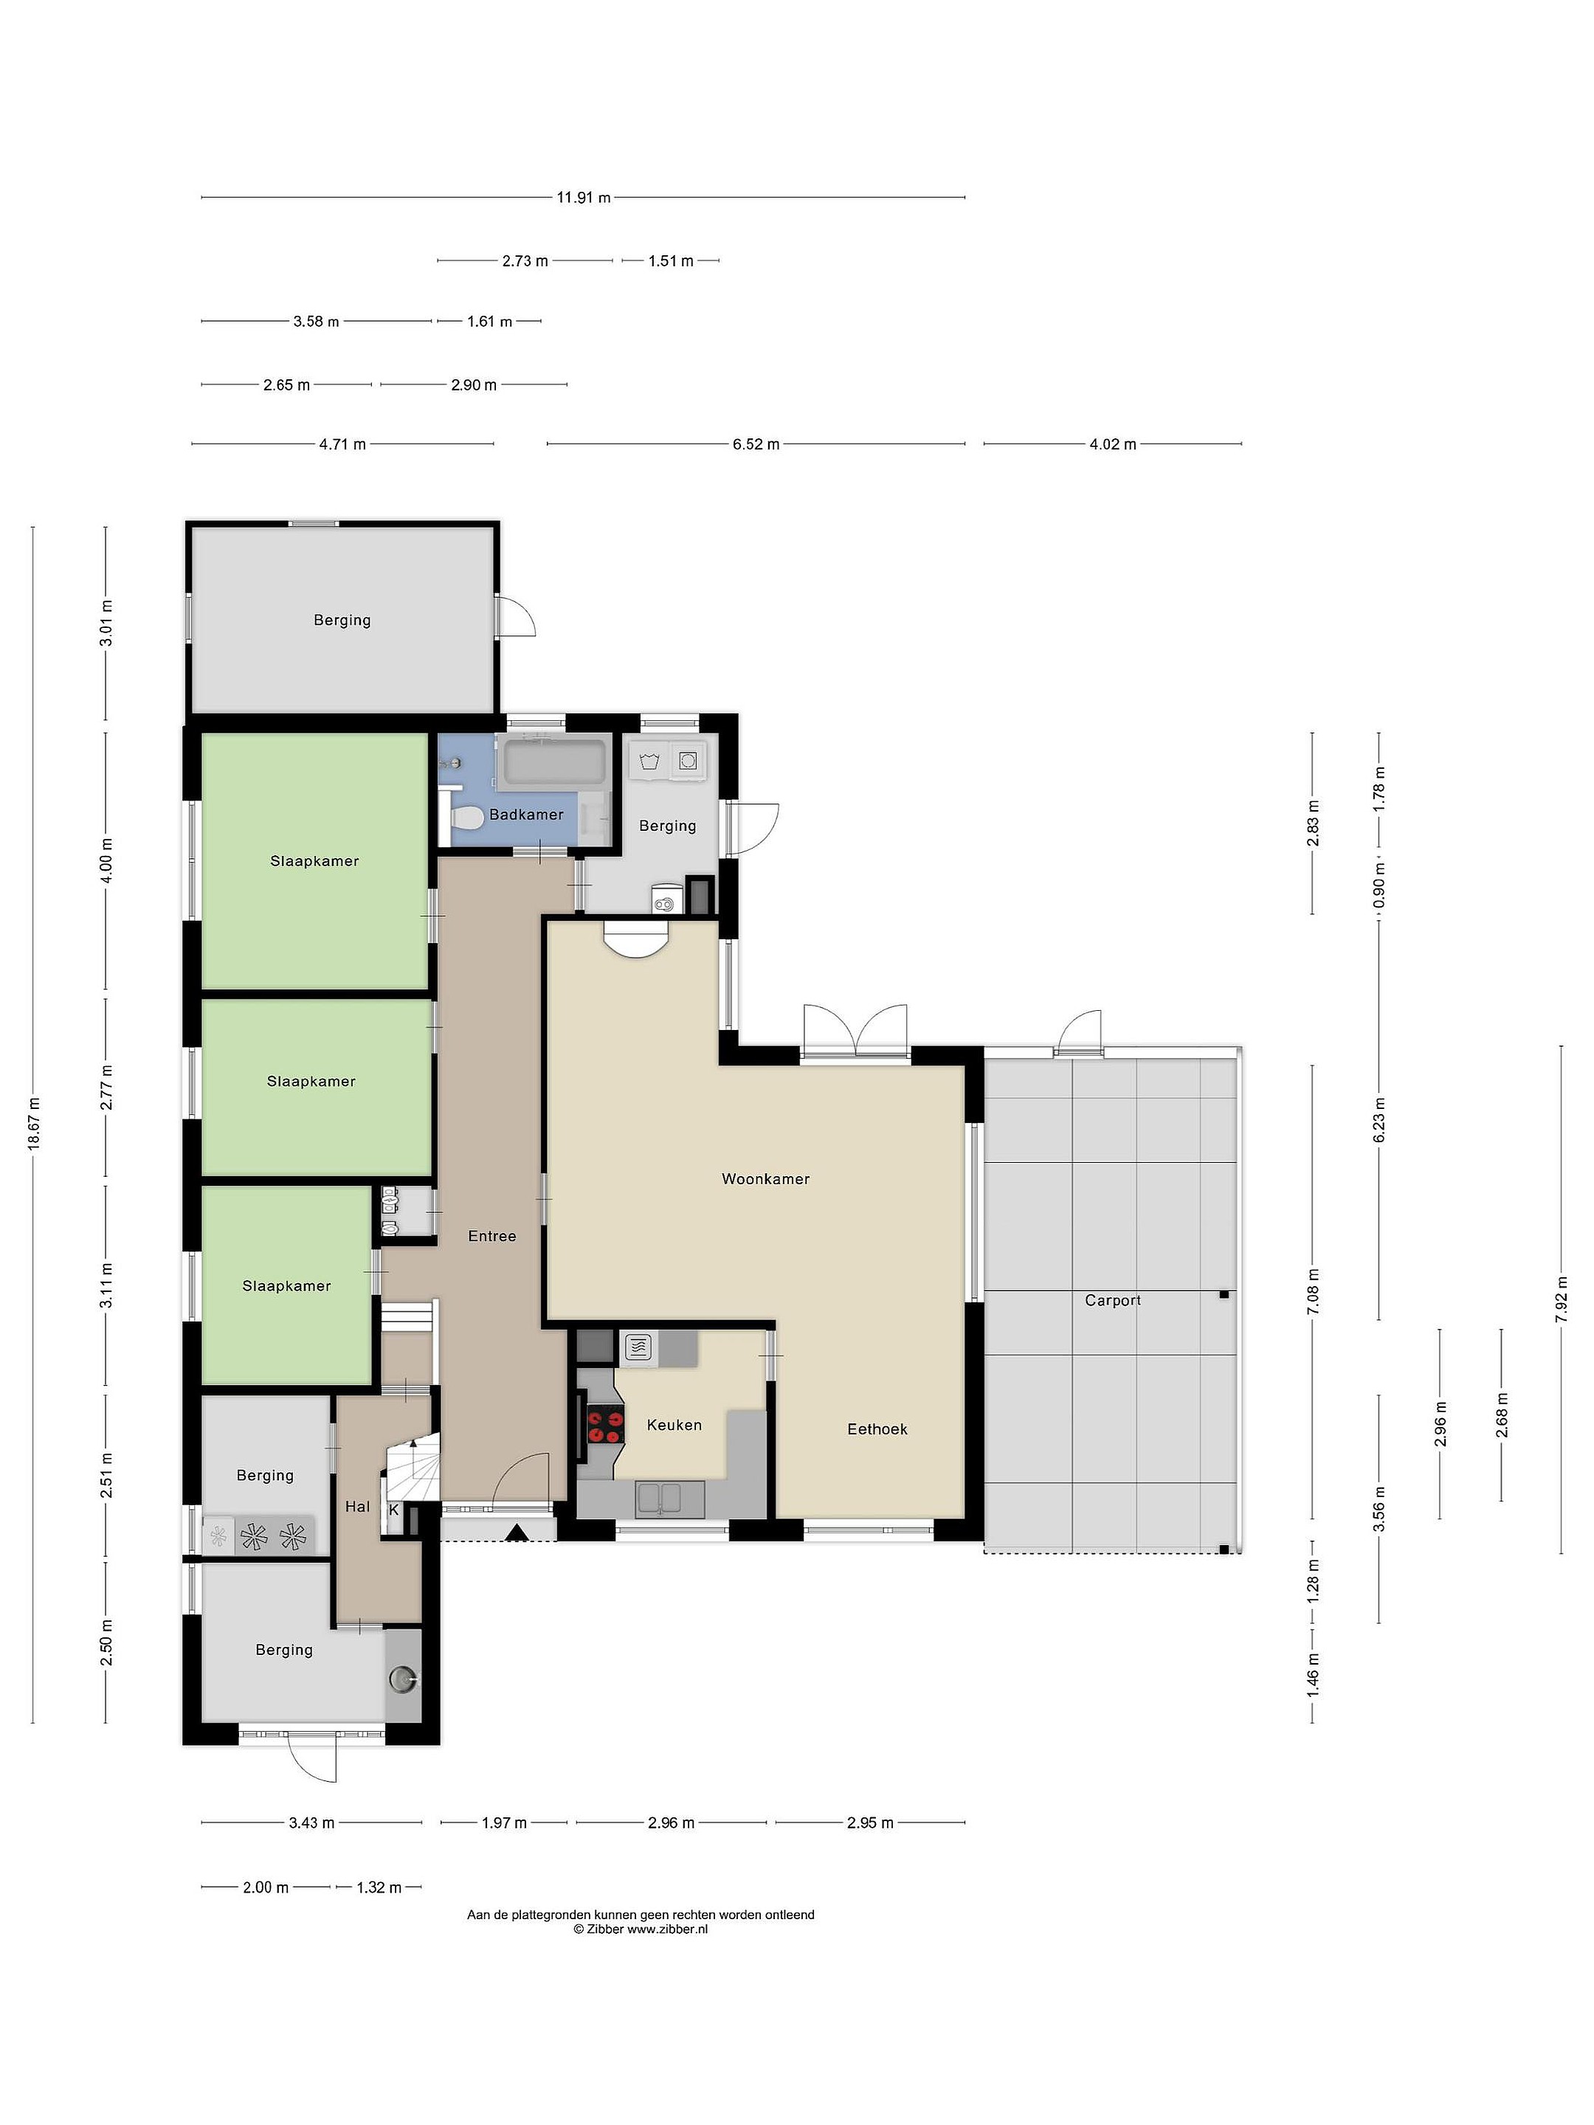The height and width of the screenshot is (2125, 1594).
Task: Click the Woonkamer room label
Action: [766, 1179]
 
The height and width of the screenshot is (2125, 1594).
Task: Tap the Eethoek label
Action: [877, 1428]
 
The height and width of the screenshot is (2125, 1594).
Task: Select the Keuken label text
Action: [674, 1425]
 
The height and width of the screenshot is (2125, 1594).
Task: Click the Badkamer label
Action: [526, 815]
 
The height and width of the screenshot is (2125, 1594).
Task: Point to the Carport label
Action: [1113, 1301]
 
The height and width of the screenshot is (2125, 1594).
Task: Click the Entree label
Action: [492, 1237]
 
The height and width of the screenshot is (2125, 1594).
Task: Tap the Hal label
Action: [357, 1507]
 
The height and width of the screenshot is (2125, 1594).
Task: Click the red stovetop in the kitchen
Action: [605, 1424]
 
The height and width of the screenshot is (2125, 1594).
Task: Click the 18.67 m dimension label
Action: [34, 1123]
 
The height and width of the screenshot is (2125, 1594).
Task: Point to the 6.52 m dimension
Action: [756, 444]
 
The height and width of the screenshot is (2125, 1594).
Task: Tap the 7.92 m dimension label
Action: [1562, 1299]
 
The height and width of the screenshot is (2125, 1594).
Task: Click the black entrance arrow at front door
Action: [517, 1533]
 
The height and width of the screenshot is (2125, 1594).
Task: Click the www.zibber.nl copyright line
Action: [640, 1928]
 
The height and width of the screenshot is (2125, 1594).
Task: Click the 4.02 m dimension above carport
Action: [1113, 444]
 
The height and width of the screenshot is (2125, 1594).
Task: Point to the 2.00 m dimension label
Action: [265, 1887]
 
